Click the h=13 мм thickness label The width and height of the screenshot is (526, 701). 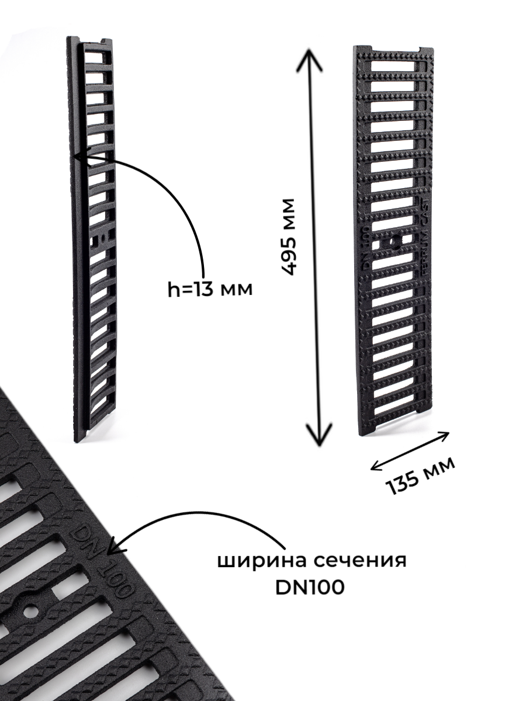tap(210, 289)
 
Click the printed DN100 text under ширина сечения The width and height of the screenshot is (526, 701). tap(310, 587)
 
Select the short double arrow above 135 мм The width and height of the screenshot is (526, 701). tap(410, 450)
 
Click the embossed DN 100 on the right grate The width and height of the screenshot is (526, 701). tap(366, 248)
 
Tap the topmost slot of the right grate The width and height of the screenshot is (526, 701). tap(393, 66)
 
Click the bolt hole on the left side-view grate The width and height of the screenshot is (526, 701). tap(102, 238)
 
